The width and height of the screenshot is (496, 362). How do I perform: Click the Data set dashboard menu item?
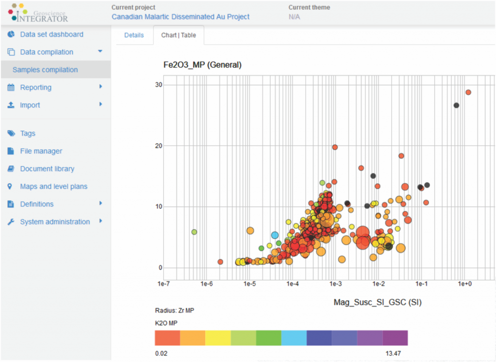[x=51, y=34]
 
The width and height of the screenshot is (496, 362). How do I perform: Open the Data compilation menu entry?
[x=46, y=52]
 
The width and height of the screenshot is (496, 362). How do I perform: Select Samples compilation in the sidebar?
[x=45, y=70]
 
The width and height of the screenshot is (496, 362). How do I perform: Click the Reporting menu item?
[x=35, y=87]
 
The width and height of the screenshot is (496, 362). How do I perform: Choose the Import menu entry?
[x=30, y=105]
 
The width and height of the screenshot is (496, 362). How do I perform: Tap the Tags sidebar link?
[x=28, y=133]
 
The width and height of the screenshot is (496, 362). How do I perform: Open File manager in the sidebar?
[x=41, y=151]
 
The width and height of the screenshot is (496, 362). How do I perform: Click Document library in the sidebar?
[x=47, y=169]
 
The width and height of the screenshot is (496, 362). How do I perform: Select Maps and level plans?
[x=54, y=187]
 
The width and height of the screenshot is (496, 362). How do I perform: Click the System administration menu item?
[x=55, y=222]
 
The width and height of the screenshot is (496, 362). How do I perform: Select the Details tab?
[x=134, y=35]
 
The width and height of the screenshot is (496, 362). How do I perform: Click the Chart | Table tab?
[x=179, y=35]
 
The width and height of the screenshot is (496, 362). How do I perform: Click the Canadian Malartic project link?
[x=181, y=16]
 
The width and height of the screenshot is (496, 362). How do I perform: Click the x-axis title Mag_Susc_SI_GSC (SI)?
[x=377, y=302]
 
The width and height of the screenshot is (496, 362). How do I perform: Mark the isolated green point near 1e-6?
[x=194, y=232]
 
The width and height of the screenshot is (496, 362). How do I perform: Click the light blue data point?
[x=275, y=235]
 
